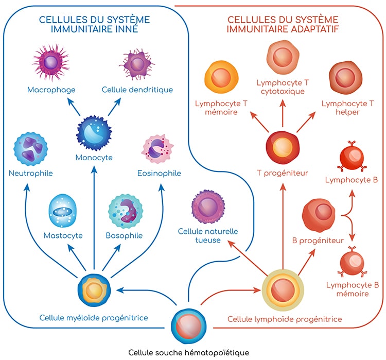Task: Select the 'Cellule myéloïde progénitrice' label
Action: click(94, 318)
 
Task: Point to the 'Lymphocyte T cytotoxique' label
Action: click(282, 87)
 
